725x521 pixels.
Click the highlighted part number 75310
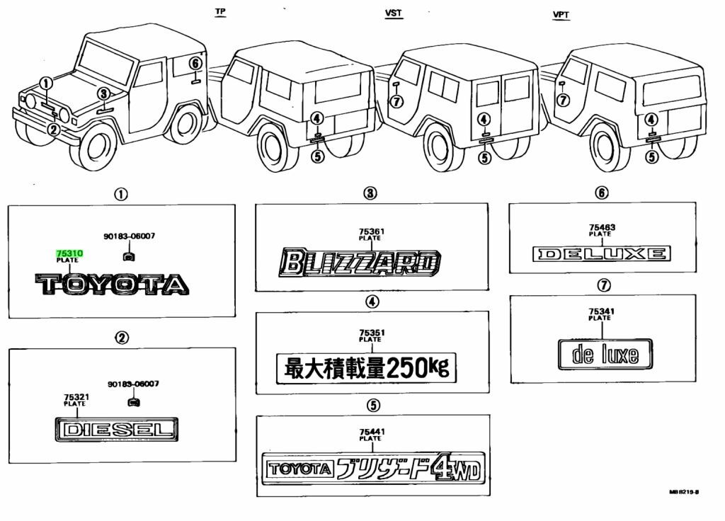pos(68,253)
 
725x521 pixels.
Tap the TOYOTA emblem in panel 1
pos(113,285)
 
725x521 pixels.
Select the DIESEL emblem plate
pos(117,429)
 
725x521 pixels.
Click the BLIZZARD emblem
pos(360,263)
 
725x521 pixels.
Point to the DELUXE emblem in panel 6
pos(601,253)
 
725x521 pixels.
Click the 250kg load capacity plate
pos(366,367)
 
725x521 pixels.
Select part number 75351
pos(370,333)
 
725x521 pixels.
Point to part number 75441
pos(370,433)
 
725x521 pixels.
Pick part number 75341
pos(600,311)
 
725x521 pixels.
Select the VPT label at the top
pos(561,15)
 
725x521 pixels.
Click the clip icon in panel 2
pos(132,402)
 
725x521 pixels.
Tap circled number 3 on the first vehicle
pos(103,93)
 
